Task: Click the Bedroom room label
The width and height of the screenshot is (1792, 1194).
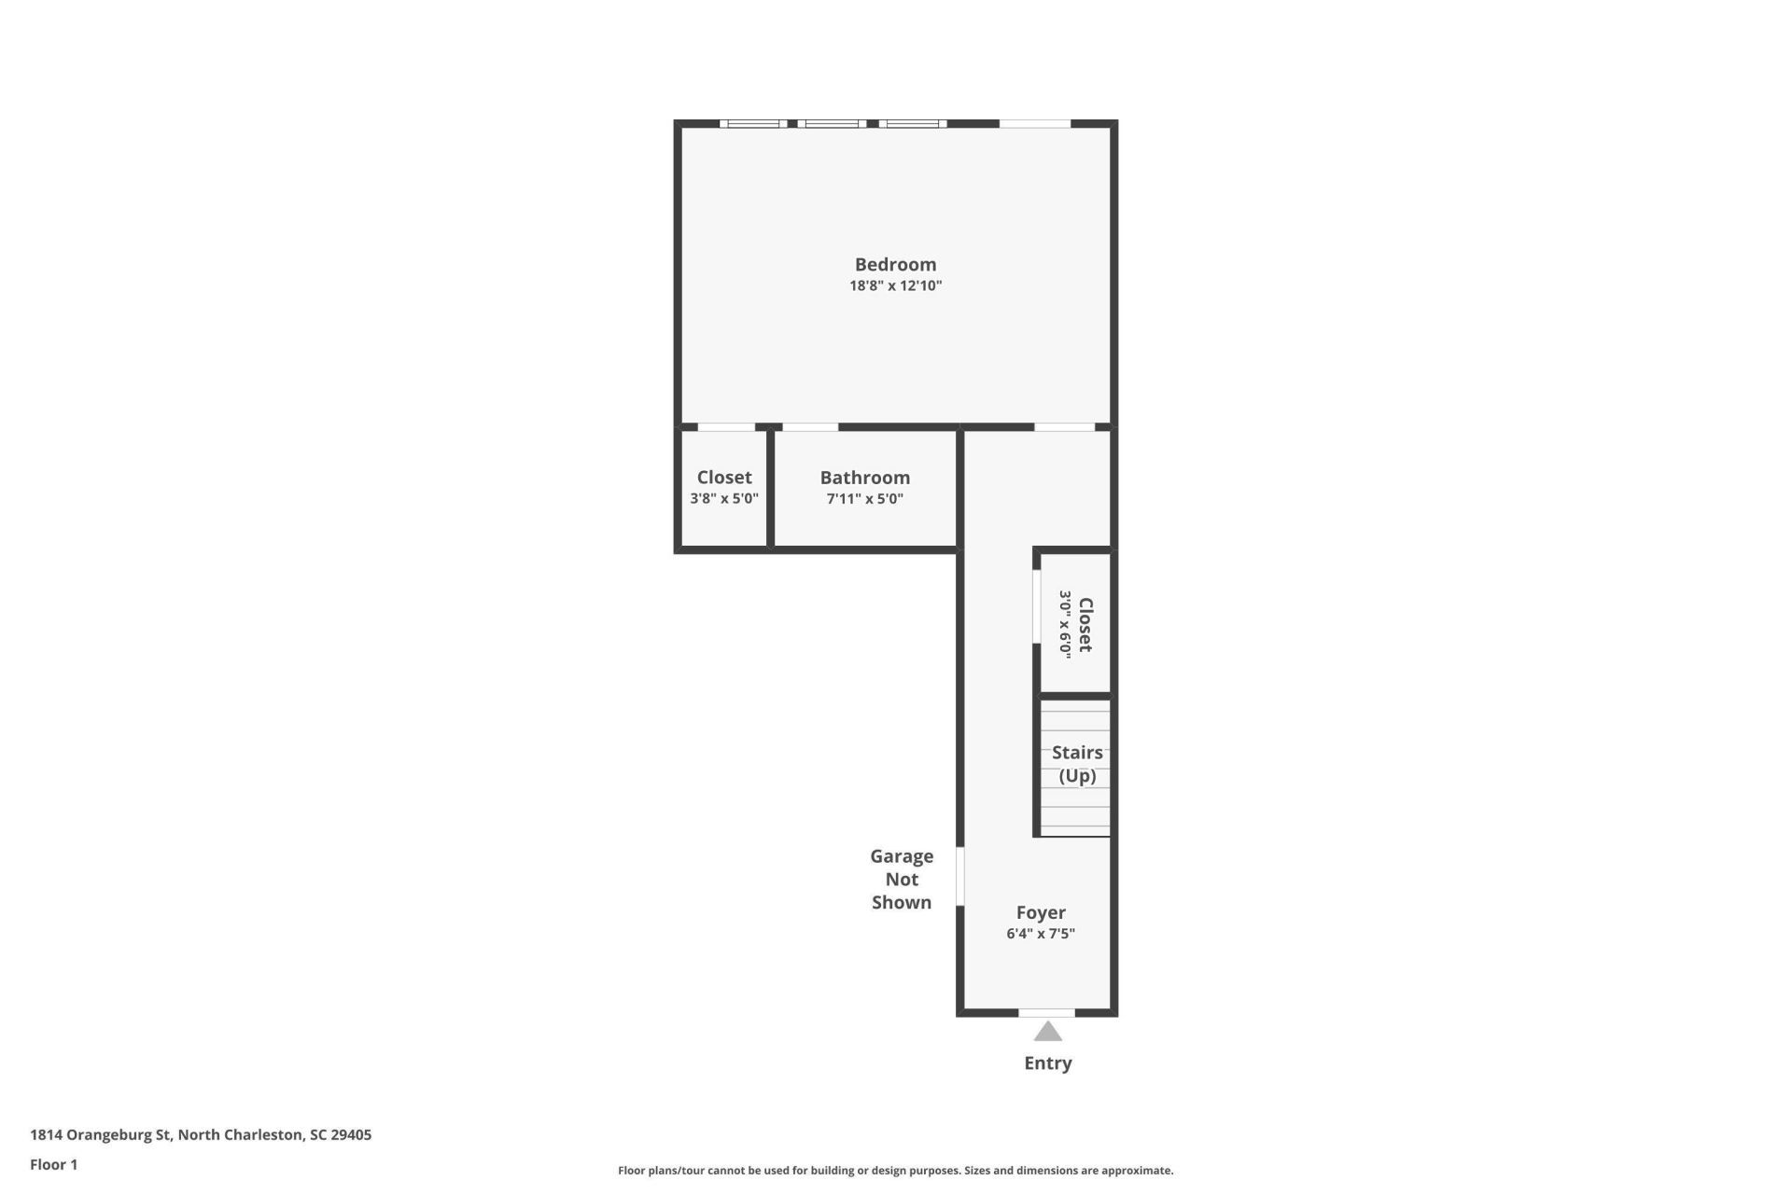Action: pos(895,265)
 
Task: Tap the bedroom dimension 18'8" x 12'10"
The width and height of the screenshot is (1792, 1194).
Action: pos(895,285)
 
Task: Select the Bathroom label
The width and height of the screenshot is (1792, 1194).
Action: pos(865,478)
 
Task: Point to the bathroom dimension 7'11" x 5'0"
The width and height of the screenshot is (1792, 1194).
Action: pos(865,498)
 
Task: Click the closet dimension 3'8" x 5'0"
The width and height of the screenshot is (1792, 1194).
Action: pos(724,498)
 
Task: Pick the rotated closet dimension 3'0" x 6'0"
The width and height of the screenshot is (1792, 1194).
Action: pos(1065,624)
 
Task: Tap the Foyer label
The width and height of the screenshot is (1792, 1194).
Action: pos(1041,912)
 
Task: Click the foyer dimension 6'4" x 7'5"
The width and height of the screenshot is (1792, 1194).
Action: pos(1041,933)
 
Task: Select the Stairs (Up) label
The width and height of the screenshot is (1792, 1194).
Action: pos(1077,764)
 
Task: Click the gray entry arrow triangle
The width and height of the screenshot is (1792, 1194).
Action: pos(1048,1032)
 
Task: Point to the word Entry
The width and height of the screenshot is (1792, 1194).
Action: pos(1048,1063)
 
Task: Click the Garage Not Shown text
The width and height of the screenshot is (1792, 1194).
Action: pos(902,879)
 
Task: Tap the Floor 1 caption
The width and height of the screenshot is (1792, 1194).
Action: pos(54,1164)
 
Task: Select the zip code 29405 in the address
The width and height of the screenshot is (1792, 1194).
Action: pos(351,1135)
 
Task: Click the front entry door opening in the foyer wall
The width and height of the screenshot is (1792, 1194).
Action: pos(1046,1013)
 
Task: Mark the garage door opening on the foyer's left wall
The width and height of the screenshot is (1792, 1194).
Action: pos(960,876)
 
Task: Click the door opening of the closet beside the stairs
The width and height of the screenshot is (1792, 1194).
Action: pos(1036,606)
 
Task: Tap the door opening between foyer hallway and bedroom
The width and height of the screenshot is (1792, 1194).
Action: pos(1064,427)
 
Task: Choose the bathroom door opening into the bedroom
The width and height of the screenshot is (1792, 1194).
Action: pos(810,427)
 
